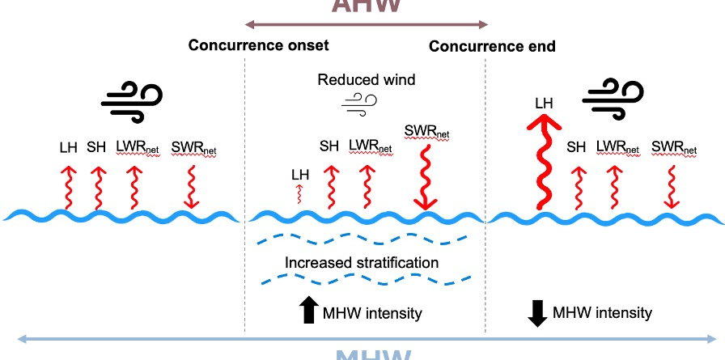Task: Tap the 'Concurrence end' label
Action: pyautogui.click(x=492, y=46)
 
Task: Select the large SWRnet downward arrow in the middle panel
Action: pyautogui.click(x=423, y=174)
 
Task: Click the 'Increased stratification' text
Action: pyautogui.click(x=361, y=262)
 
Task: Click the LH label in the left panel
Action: pyautogui.click(x=69, y=148)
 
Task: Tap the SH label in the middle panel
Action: pyautogui.click(x=329, y=146)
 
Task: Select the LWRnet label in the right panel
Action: pyautogui.click(x=617, y=148)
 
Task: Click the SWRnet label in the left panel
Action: pyautogui.click(x=194, y=149)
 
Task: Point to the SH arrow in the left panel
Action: pyautogui.click(x=97, y=187)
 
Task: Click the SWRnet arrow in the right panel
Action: pyautogui.click(x=671, y=187)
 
